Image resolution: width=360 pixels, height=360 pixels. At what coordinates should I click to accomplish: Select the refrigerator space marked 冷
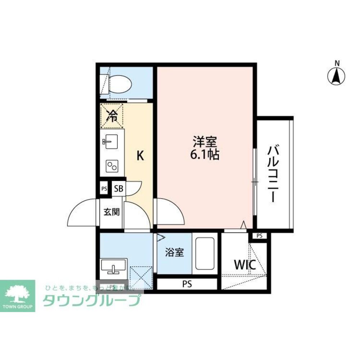112,116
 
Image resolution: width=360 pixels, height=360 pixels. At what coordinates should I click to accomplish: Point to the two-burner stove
112,166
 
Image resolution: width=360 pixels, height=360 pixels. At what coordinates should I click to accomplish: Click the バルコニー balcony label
274,173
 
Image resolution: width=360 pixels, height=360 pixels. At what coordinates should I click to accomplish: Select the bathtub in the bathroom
204,254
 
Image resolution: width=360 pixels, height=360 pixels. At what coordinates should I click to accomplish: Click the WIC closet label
245,265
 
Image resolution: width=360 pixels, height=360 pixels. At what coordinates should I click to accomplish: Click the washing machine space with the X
141,277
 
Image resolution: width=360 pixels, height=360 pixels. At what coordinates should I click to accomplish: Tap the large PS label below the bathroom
187,284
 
